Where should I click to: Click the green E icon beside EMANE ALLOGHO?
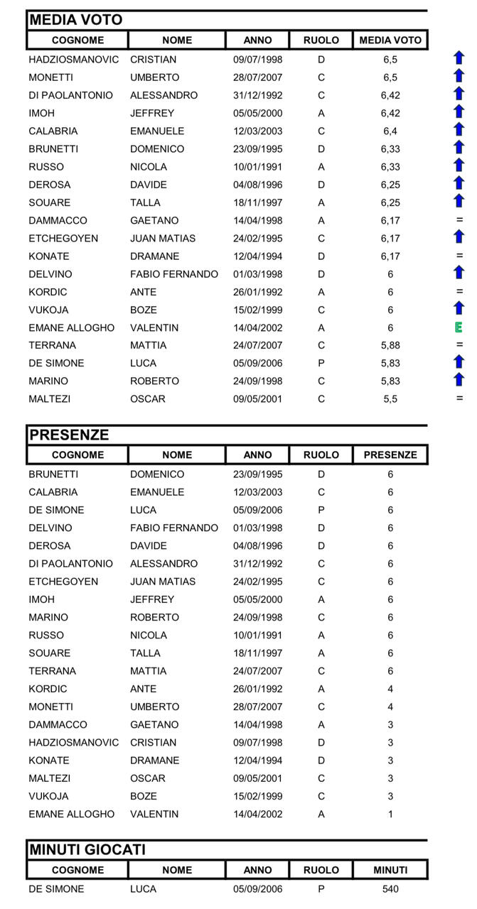[x=459, y=327]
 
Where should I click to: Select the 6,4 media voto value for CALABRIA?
[x=390, y=131]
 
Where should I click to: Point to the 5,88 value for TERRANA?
[x=390, y=346]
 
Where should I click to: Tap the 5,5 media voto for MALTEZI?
[x=390, y=399]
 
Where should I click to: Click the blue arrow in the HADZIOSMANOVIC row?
[x=459, y=58]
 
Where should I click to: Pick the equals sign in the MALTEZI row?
[x=459, y=398]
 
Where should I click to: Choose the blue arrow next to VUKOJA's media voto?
[x=459, y=308]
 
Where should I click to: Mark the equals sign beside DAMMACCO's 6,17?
[x=459, y=220]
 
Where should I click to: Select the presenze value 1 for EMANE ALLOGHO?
[x=390, y=815]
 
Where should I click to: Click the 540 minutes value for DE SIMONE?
[x=390, y=889]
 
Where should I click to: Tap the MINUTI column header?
[x=390, y=870]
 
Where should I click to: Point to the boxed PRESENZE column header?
[x=390, y=455]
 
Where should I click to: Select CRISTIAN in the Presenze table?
[x=153, y=743]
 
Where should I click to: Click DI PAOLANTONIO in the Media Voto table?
[x=70, y=96]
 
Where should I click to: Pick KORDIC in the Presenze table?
[x=48, y=689]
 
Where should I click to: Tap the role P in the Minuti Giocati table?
[x=321, y=889]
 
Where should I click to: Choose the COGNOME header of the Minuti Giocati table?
[x=77, y=870]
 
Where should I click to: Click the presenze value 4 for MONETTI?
[x=390, y=707]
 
